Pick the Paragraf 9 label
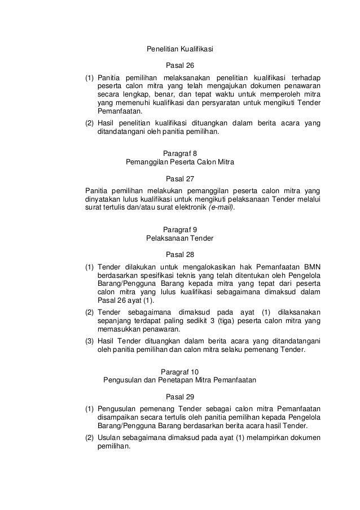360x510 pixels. tap(179, 229)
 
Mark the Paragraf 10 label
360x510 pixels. tap(179, 372)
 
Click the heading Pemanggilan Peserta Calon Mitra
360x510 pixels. tap(179, 162)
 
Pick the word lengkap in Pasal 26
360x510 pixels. tap(129, 94)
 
